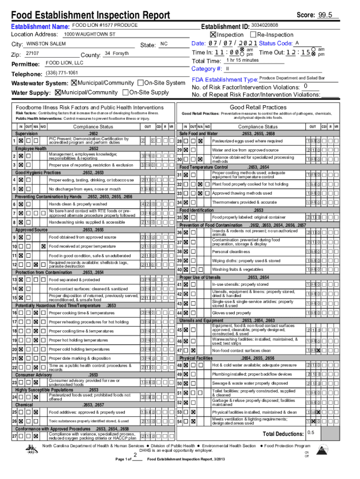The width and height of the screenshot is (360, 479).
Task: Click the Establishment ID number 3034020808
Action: tap(265, 25)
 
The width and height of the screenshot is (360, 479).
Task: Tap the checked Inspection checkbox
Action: tap(213, 35)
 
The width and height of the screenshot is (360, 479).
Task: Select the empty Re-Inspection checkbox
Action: tap(253, 35)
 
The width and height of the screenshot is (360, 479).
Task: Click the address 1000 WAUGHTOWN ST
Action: tap(89, 35)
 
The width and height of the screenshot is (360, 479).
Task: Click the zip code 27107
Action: tap(32, 54)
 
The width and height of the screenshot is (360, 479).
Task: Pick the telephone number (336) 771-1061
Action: tap(62, 73)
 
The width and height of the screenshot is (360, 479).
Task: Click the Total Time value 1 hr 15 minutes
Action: tap(242, 60)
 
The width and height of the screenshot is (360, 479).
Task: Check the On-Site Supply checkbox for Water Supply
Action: tap(125, 92)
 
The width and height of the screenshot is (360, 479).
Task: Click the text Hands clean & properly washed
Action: tap(78, 204)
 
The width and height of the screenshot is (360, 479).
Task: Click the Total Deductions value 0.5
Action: tap(310, 432)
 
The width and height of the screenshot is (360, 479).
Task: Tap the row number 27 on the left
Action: tap(14, 436)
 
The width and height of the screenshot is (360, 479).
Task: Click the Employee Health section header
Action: tap(30, 148)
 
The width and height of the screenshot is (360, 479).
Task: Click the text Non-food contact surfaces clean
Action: tap(241, 350)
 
